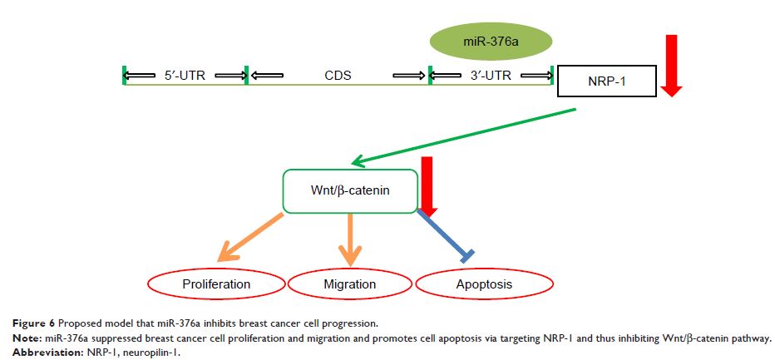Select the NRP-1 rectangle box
click(607, 81)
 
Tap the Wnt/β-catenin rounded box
click(350, 191)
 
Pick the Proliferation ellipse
click(216, 284)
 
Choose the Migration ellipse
click(350, 284)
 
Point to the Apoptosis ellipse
click(484, 284)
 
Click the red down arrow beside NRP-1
click(671, 66)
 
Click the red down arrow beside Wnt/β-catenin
click(428, 187)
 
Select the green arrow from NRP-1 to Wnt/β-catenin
click(463, 136)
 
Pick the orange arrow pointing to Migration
click(350, 239)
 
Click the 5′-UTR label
click(185, 76)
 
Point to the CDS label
click(338, 76)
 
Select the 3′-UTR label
click(491, 76)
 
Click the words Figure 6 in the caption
click(32, 324)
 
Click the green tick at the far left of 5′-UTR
click(124, 76)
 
